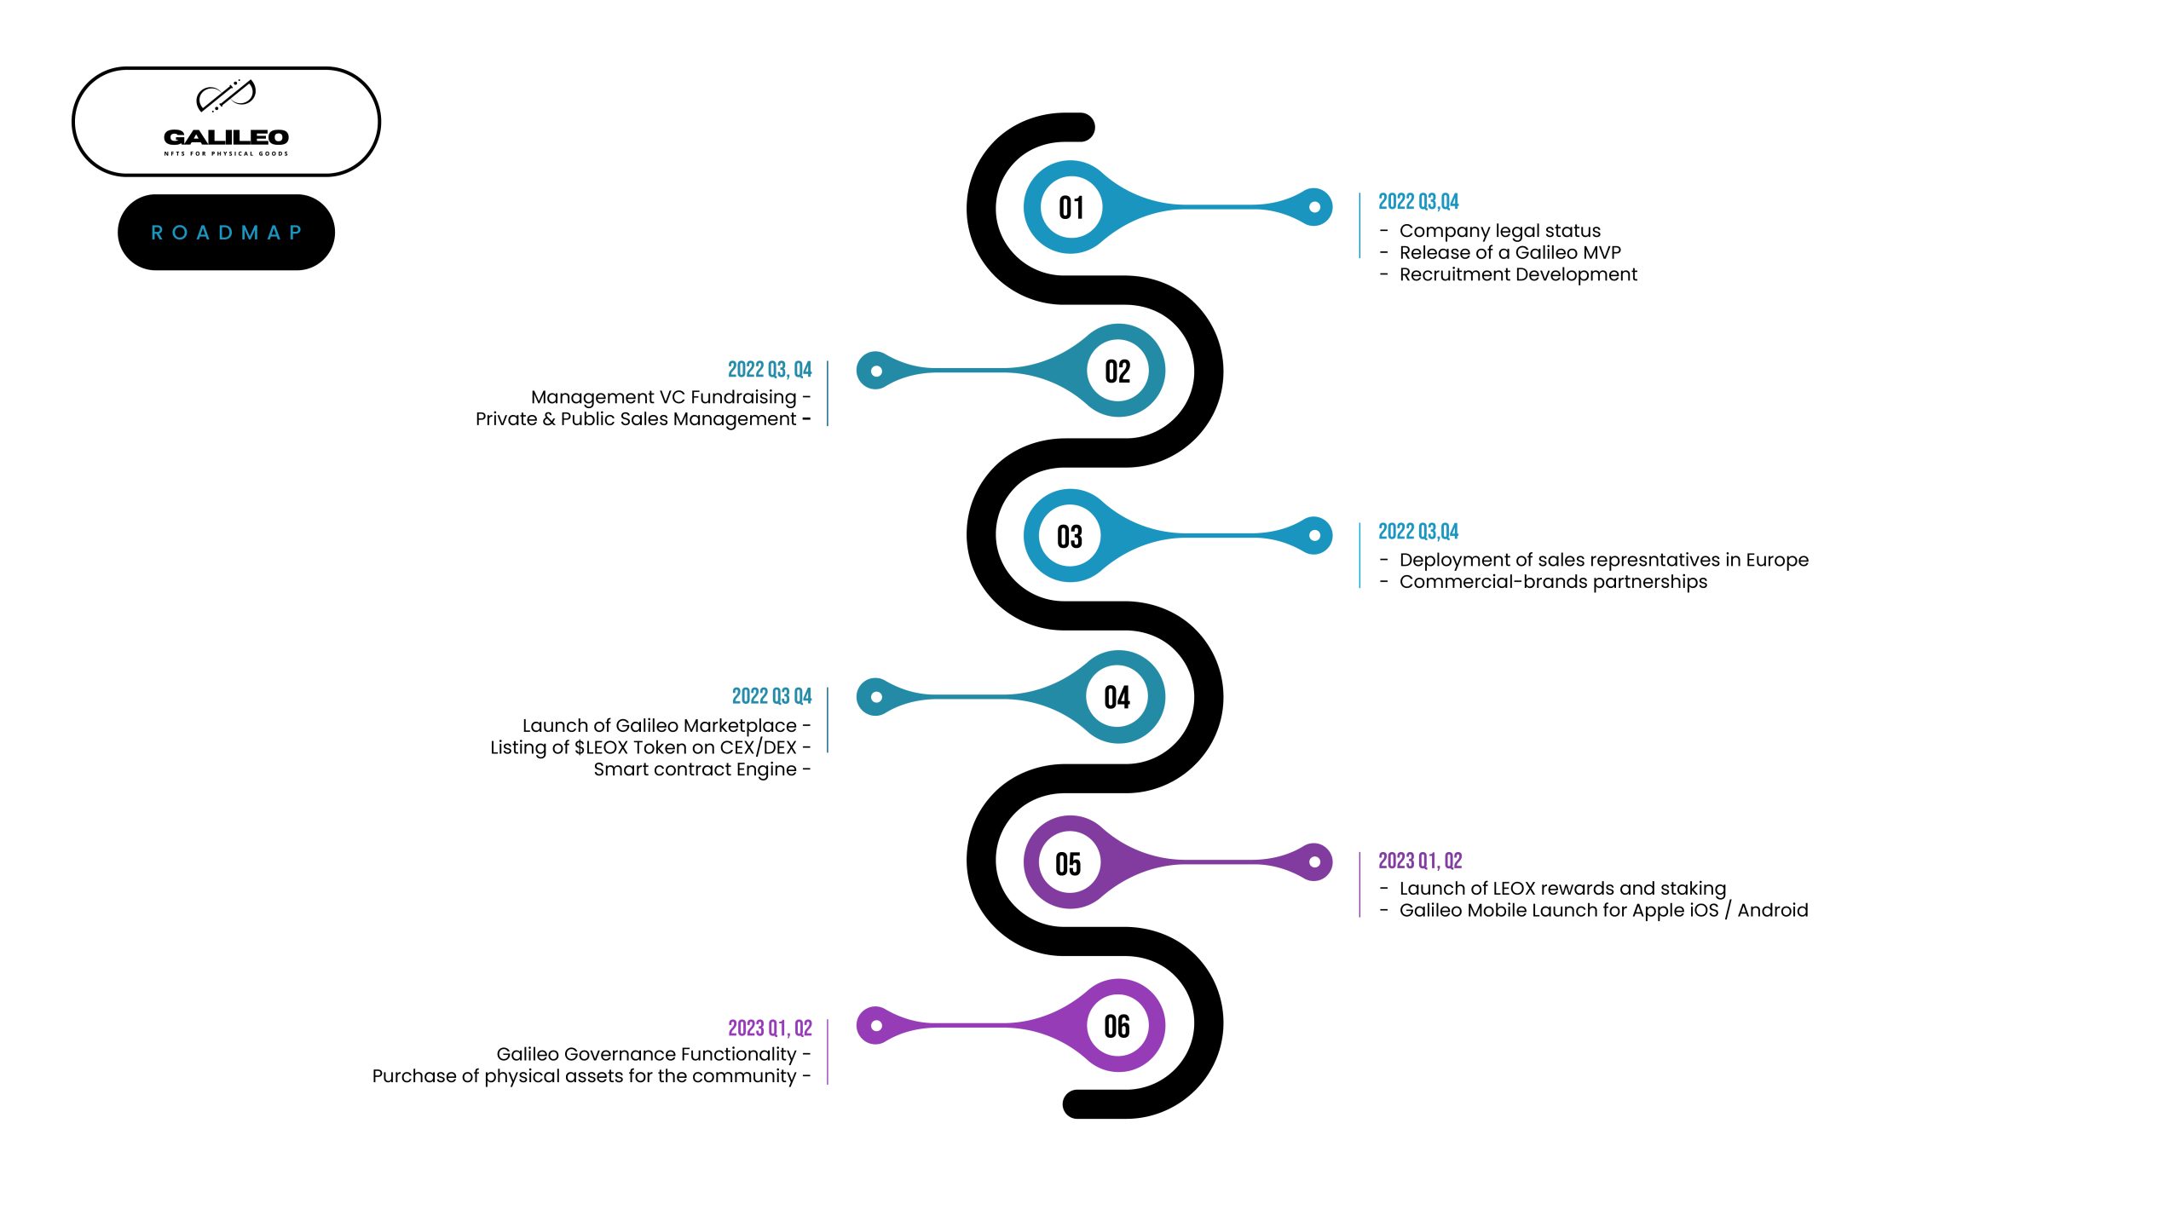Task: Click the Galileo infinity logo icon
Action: click(226, 96)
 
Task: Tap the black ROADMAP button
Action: click(226, 233)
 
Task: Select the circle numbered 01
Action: click(1071, 207)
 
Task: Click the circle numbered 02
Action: click(1117, 371)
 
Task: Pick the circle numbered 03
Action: click(1070, 536)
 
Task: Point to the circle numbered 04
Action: click(1117, 697)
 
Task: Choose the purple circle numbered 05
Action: click(1069, 863)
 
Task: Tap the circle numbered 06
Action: click(1117, 1026)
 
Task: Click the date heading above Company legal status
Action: click(1418, 202)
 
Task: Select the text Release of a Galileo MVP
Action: click(1510, 253)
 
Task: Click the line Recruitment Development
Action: click(1518, 274)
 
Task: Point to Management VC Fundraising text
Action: click(664, 397)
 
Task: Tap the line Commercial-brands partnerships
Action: click(1553, 582)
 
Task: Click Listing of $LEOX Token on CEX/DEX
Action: click(644, 747)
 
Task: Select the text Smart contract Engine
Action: click(695, 769)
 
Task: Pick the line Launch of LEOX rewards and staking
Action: click(1562, 889)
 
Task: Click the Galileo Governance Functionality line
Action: click(646, 1054)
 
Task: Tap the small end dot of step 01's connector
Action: click(1314, 207)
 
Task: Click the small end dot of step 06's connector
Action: click(876, 1026)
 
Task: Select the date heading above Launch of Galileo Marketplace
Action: click(771, 696)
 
